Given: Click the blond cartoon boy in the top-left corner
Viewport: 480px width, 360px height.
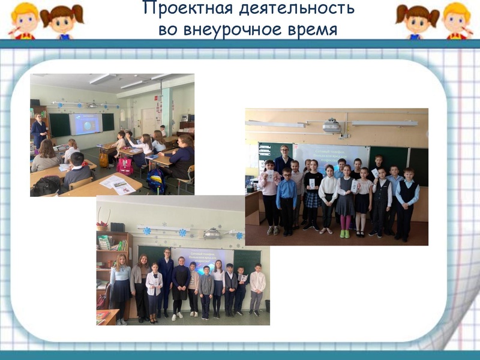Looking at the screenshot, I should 24,19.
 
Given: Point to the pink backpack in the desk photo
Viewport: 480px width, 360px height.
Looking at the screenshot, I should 125,166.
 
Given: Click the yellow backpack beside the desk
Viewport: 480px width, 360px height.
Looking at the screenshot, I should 104,160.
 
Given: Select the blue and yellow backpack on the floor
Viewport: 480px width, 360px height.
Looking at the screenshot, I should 155,180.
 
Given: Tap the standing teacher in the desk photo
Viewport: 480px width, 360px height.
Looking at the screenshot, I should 40,132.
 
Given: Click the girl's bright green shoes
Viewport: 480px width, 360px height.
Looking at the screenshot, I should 344,232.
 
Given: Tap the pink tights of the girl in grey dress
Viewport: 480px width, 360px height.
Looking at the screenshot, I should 345,221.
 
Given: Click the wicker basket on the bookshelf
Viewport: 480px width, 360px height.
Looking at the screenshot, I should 103,227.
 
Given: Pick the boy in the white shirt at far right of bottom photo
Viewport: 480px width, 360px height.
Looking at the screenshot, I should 257,288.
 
